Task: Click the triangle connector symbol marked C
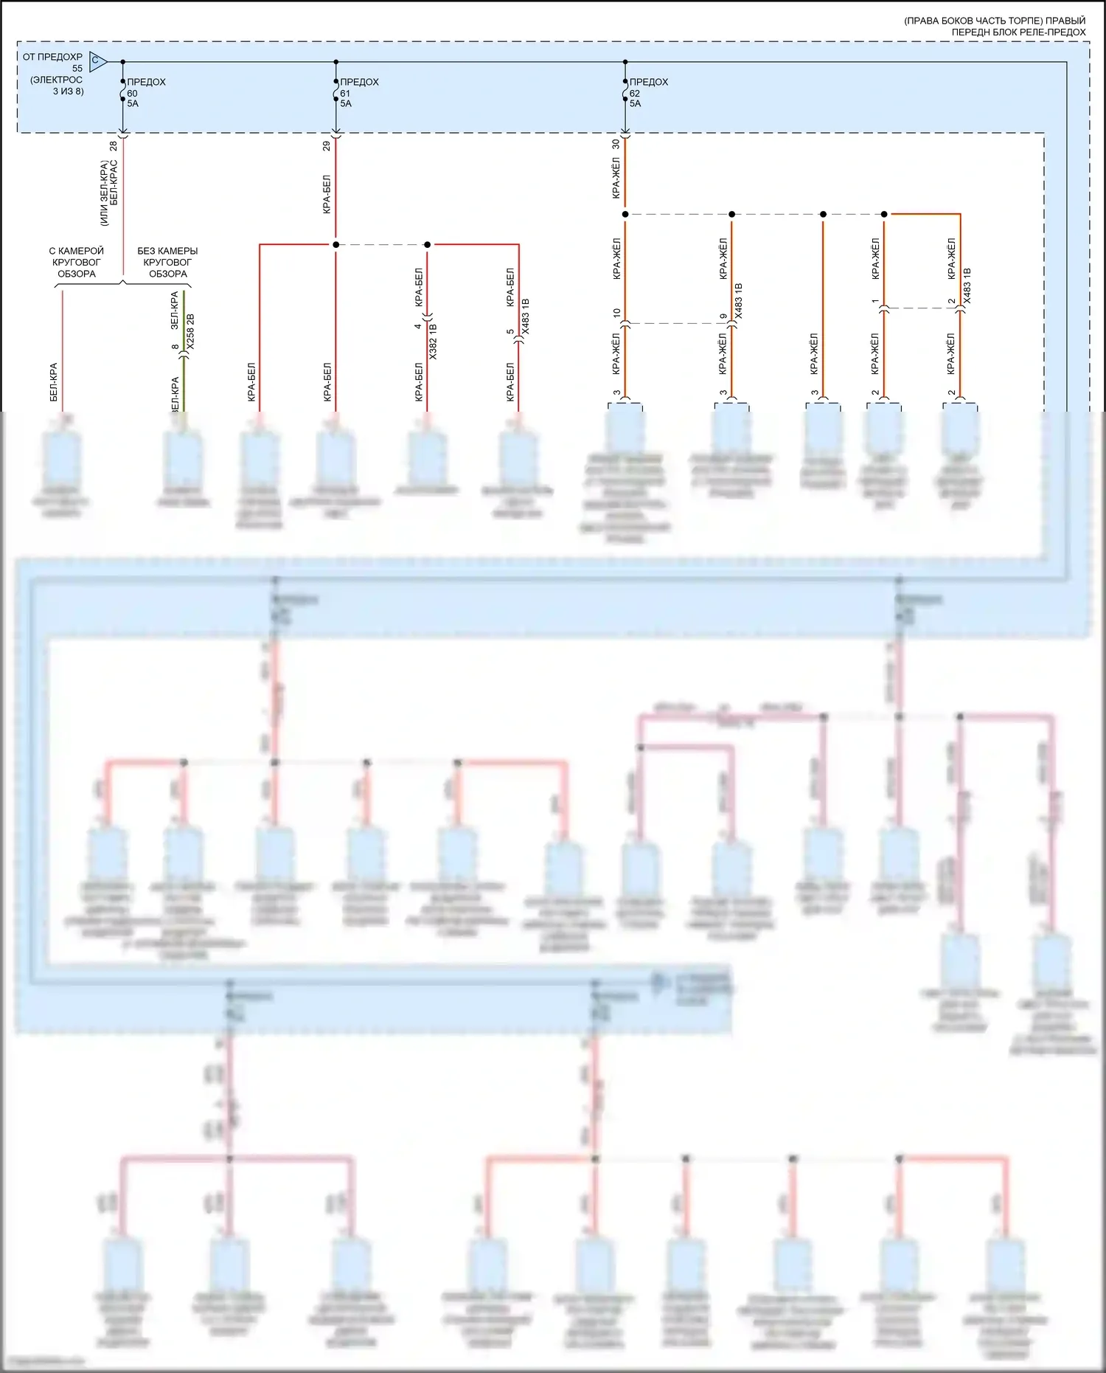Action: (x=97, y=62)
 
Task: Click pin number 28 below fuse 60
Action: (x=113, y=146)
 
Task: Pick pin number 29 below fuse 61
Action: (x=327, y=146)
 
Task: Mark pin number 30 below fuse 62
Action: (x=616, y=145)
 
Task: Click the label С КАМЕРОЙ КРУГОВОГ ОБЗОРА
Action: (x=77, y=262)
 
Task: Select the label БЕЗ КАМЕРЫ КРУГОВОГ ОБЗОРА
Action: (x=167, y=262)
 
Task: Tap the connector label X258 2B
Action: (x=191, y=331)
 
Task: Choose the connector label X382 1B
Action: (x=433, y=341)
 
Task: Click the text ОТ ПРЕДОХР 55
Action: (x=53, y=62)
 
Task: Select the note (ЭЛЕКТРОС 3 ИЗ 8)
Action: (x=58, y=86)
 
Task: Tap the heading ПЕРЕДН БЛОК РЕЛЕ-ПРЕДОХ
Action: (x=1018, y=32)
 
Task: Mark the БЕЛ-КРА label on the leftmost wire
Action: (x=54, y=382)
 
